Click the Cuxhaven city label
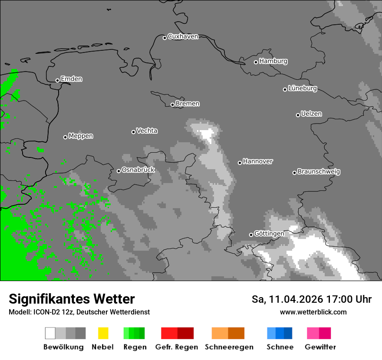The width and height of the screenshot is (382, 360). [183, 36]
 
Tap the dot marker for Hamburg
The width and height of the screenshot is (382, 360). [256, 62]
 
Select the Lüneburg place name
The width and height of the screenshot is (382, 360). [302, 88]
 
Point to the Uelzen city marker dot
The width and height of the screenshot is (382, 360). [298, 115]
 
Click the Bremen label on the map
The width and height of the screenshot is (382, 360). [188, 104]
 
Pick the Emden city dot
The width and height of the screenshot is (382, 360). [57, 80]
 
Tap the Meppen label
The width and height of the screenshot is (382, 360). [81, 136]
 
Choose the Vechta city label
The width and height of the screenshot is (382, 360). [147, 131]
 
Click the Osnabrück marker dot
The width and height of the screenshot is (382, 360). [119, 171]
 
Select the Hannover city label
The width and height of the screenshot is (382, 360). [257, 161]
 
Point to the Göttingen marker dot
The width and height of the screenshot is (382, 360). [251, 235]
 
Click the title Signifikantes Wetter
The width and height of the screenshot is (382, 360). [72, 299]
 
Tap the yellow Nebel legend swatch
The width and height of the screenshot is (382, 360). [103, 333]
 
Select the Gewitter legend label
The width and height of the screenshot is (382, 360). [320, 347]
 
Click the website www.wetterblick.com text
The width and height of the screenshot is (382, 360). [313, 312]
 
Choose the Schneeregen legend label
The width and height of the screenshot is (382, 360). [229, 347]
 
